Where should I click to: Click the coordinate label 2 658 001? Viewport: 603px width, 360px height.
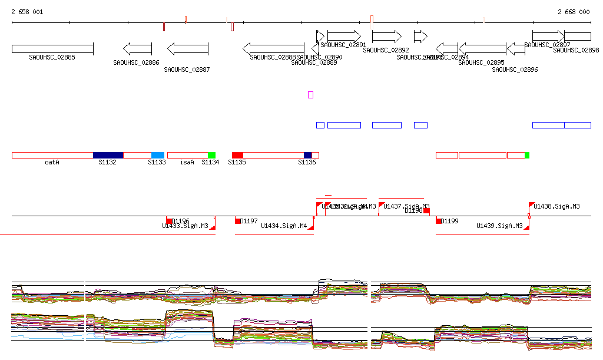click(x=26, y=12)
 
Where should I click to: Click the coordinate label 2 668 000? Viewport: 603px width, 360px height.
click(x=573, y=12)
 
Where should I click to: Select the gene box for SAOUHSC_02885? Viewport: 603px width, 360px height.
click(x=52, y=48)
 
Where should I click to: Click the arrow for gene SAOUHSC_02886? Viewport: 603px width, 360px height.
click(x=137, y=48)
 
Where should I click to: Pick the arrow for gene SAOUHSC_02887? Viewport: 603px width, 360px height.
click(x=187, y=48)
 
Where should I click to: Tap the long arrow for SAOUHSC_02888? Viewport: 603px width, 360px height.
click(x=273, y=48)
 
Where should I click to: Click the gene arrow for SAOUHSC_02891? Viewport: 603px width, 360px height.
click(x=344, y=36)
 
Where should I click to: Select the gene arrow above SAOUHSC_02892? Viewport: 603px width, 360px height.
click(x=386, y=36)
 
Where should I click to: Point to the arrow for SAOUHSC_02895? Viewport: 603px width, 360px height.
click(x=482, y=48)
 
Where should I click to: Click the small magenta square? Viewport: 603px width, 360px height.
click(x=310, y=94)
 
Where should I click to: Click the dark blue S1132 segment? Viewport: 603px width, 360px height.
click(x=108, y=155)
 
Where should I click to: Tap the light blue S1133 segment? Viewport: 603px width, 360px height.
click(x=158, y=155)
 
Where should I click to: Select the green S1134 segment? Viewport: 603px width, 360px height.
click(x=211, y=155)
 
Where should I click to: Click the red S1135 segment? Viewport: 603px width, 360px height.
click(x=237, y=155)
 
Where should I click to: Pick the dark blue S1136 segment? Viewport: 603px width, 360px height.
click(x=307, y=155)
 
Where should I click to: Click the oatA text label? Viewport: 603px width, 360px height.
click(x=52, y=162)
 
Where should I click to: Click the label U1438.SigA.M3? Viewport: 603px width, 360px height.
click(x=556, y=206)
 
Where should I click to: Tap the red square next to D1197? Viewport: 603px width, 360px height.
click(x=238, y=221)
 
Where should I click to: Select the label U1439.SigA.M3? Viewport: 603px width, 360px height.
click(x=499, y=226)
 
